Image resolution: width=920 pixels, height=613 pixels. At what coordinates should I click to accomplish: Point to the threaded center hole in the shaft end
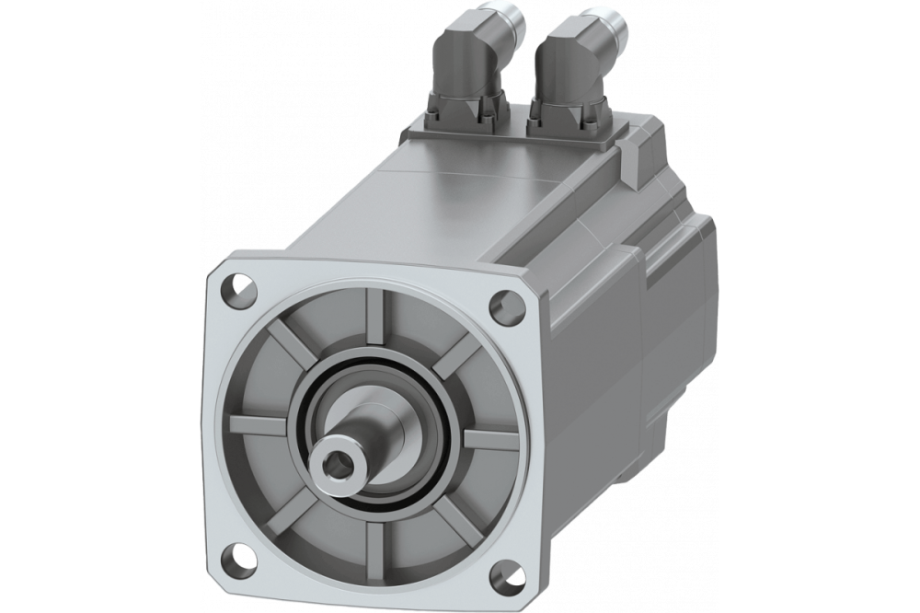[344, 459]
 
